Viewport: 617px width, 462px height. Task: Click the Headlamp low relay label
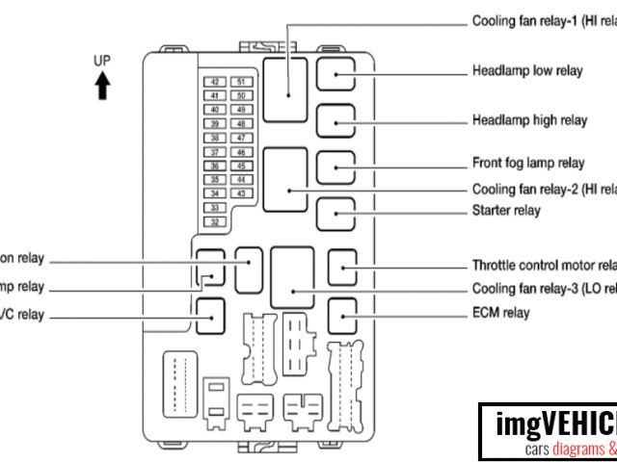pos(527,71)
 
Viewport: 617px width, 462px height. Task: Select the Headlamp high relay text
pos(529,120)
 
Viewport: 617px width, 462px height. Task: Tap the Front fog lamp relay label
pos(528,163)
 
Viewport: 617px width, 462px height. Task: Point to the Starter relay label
pos(506,210)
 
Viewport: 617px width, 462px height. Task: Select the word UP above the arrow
pos(102,61)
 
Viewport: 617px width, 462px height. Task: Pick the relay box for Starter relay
pos(335,213)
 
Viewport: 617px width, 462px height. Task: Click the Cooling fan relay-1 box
pos(286,90)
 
